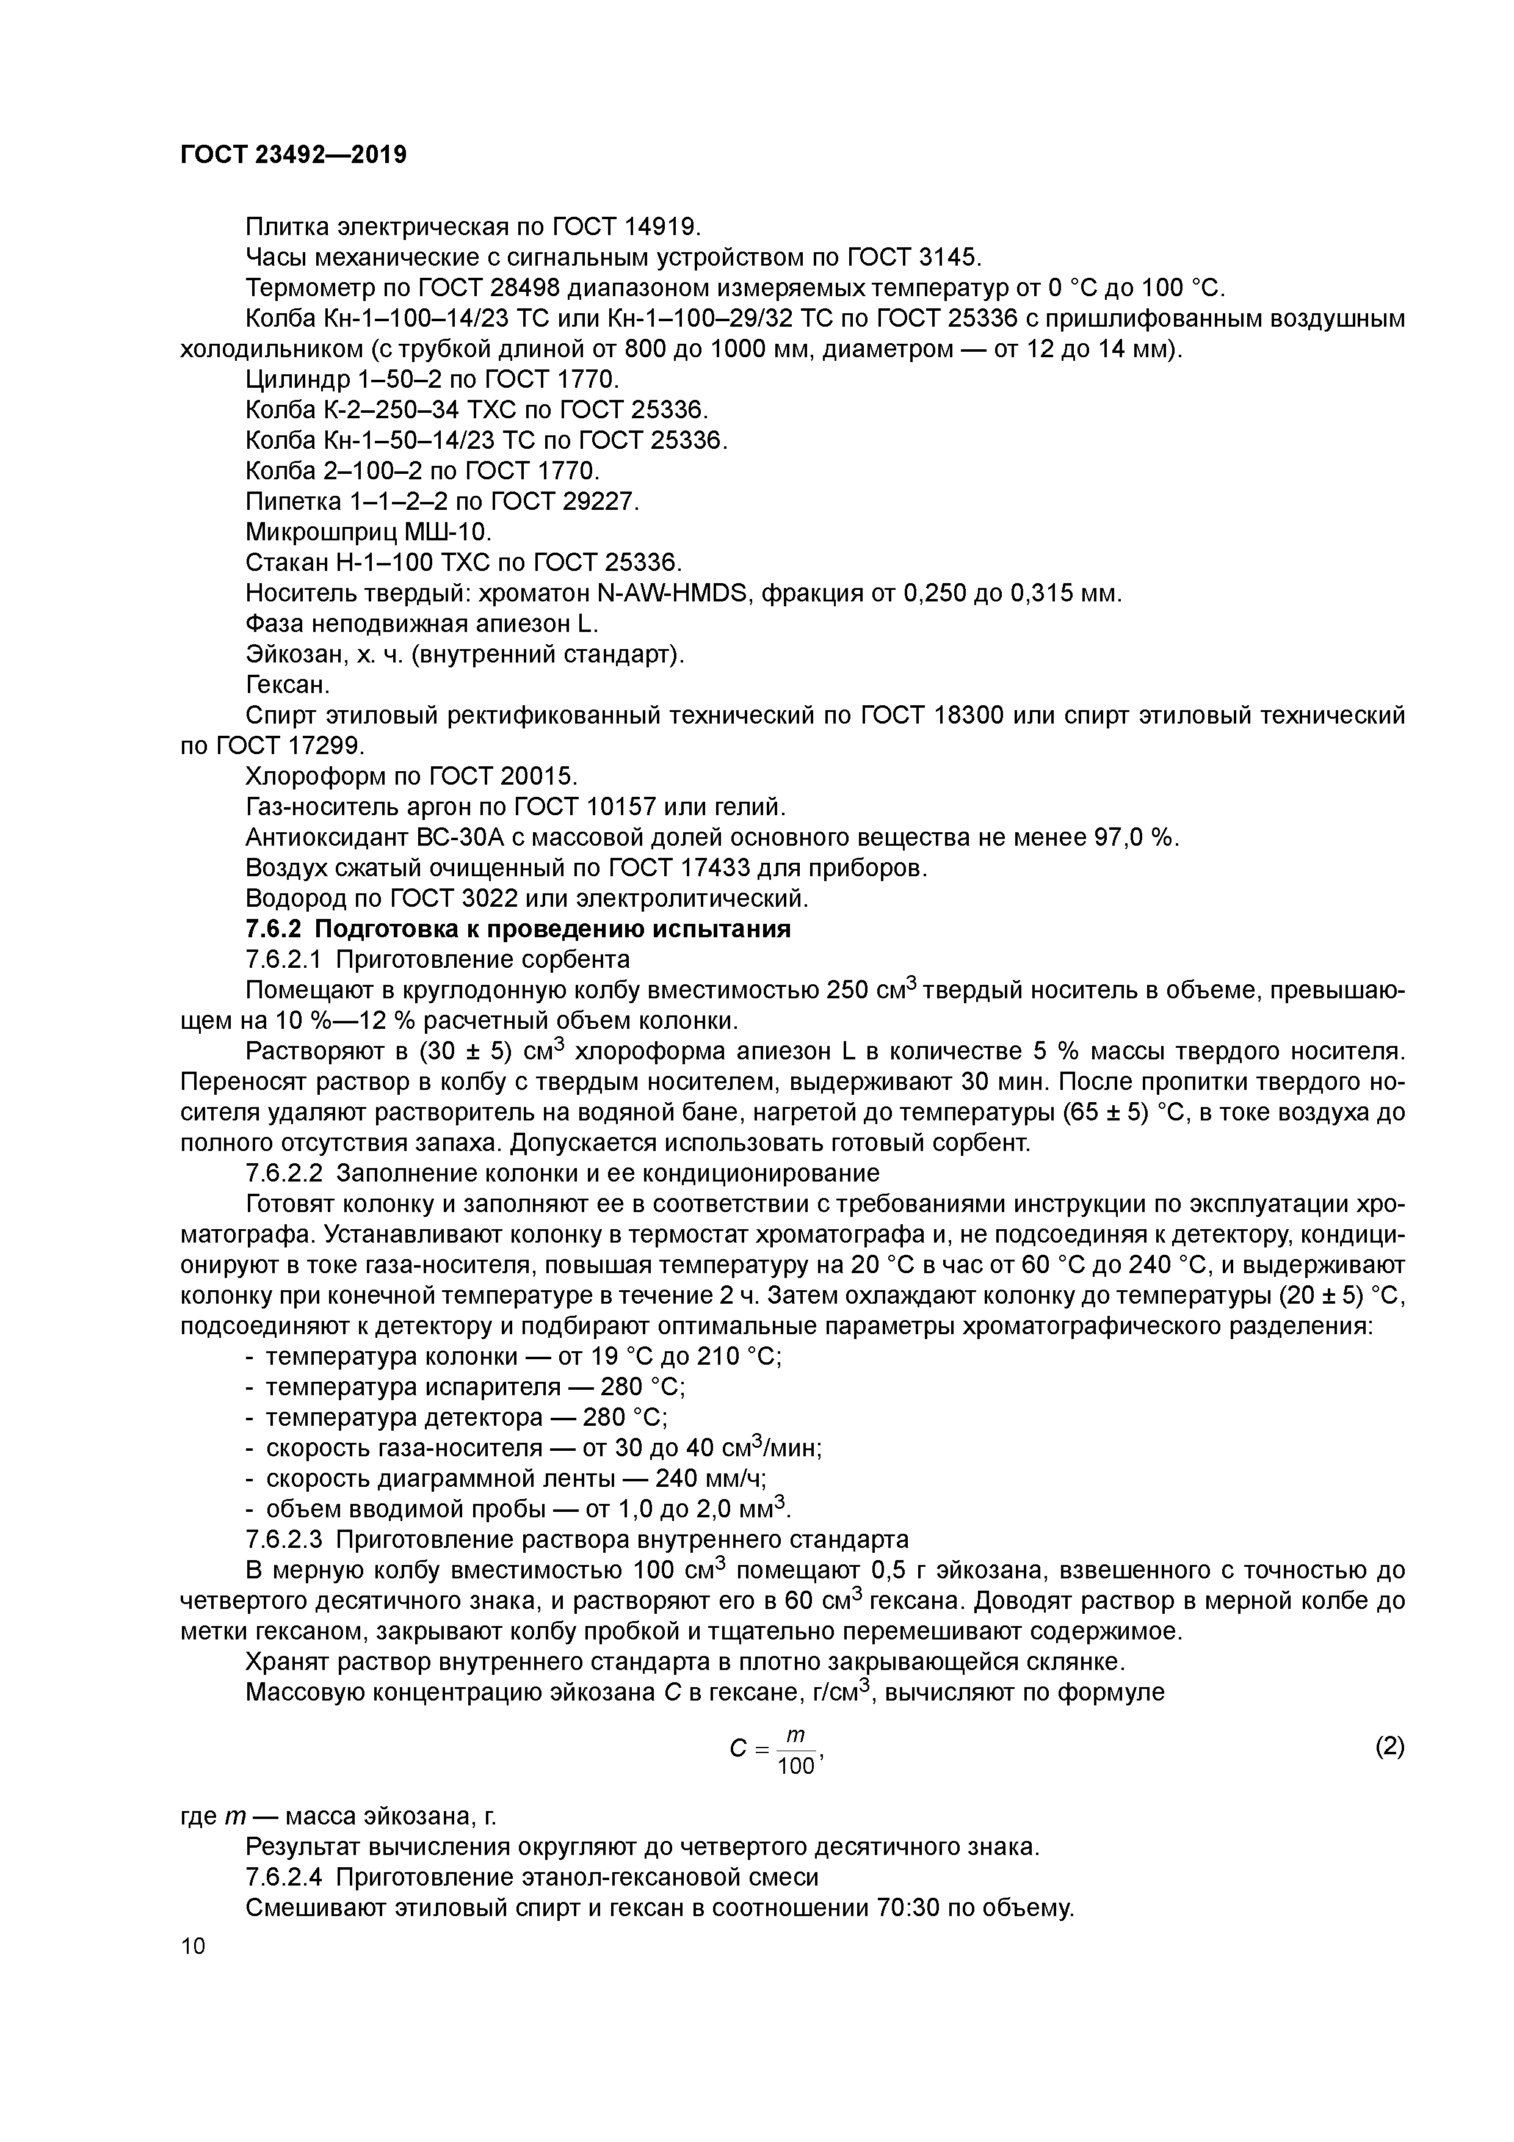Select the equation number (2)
[1389, 1746]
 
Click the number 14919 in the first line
[659, 227]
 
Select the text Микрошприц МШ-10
[368, 532]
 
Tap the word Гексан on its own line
[286, 684]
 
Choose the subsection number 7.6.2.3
[284, 1538]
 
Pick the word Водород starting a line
[295, 898]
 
